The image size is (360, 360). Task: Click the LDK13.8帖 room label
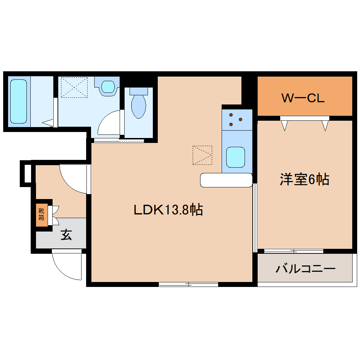(x=168, y=210)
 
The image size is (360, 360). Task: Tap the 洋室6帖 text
(x=304, y=180)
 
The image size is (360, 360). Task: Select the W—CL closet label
(x=303, y=98)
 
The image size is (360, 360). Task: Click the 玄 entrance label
(x=66, y=235)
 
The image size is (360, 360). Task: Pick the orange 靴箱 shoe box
(x=41, y=215)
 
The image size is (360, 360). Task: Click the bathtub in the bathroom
(x=18, y=102)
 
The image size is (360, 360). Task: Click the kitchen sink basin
(x=235, y=157)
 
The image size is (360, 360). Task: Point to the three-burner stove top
(x=236, y=119)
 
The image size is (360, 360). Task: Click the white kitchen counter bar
(x=226, y=180)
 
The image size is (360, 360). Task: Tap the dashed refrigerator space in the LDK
(x=203, y=155)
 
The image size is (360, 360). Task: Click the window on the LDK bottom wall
(x=188, y=284)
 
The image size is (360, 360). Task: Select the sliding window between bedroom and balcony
(x=294, y=251)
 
